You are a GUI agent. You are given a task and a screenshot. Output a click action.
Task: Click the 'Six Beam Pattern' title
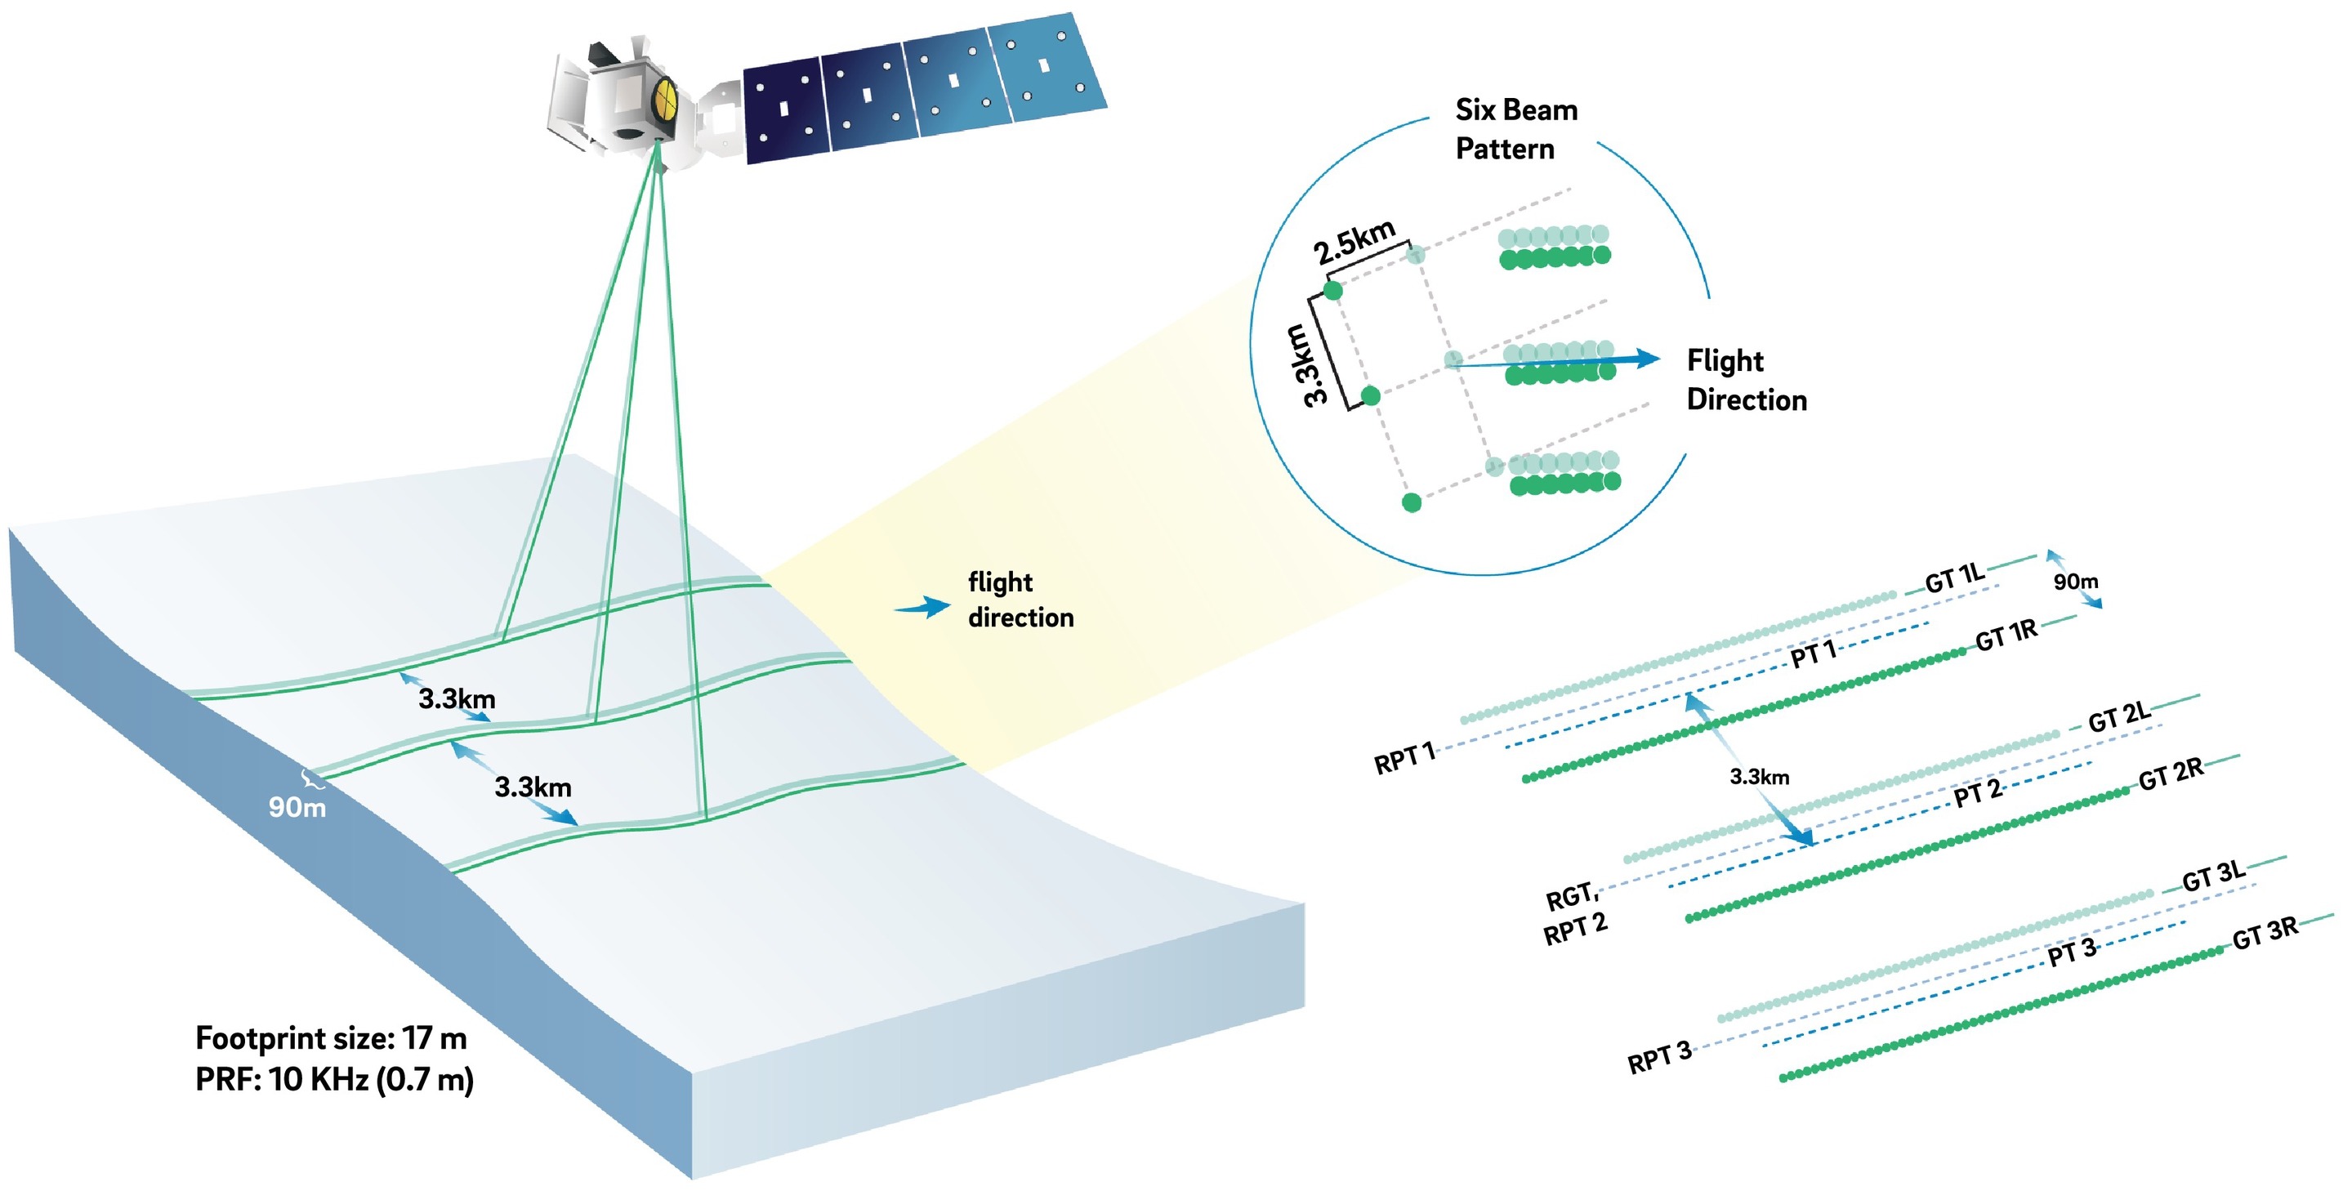pyautogui.click(x=1515, y=129)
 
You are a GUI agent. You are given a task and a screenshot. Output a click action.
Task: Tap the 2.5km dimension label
pyautogui.click(x=1354, y=242)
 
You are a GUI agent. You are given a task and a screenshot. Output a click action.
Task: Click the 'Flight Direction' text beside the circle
pyautogui.click(x=1746, y=380)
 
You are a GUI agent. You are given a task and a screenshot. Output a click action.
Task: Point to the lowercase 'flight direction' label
pyautogui.click(x=1020, y=599)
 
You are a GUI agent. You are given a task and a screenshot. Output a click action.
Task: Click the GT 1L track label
pyautogui.click(x=1953, y=578)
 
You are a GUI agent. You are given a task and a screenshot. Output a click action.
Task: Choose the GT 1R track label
pyautogui.click(x=2006, y=636)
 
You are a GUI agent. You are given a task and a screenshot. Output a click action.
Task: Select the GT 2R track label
pyautogui.click(x=2170, y=774)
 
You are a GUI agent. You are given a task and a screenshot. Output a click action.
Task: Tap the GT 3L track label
pyautogui.click(x=2213, y=877)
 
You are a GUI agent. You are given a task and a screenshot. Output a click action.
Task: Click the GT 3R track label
pyautogui.click(x=2265, y=933)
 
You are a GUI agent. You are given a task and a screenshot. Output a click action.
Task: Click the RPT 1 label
pyautogui.click(x=1404, y=757)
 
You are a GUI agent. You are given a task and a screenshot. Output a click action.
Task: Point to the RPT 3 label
pyautogui.click(x=1659, y=1057)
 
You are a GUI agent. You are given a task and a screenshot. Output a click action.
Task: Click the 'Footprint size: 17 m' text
pyautogui.click(x=331, y=1037)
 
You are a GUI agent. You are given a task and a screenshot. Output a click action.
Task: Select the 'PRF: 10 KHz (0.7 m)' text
pyautogui.click(x=334, y=1079)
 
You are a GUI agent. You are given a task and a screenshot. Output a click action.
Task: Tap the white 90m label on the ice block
pyautogui.click(x=297, y=806)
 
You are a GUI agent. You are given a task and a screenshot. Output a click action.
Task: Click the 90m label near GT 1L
pyautogui.click(x=2076, y=581)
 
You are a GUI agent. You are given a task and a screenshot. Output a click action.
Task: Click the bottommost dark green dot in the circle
pyautogui.click(x=1411, y=502)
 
